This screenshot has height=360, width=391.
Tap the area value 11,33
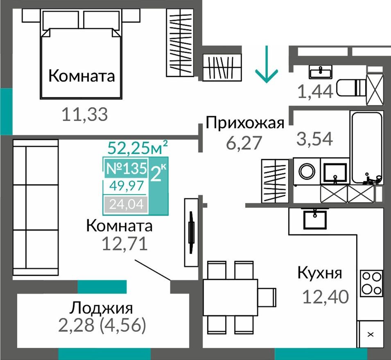85,115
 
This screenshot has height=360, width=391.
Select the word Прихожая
245,123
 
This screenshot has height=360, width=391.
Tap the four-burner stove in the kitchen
371,283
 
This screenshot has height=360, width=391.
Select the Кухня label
319,273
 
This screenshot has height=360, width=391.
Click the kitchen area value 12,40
325,296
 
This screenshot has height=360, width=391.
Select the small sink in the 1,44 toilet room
320,72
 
